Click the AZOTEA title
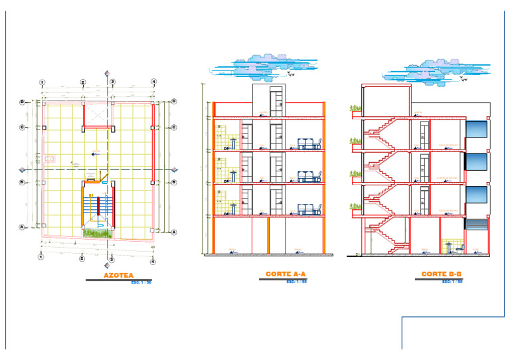118,274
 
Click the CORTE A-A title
286,274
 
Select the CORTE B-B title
442,274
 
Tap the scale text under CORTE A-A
296,281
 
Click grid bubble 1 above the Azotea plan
42,82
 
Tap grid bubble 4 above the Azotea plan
153,82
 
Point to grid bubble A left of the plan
23,226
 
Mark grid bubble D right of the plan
173,101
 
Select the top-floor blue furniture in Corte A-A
309,143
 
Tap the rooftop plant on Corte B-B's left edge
355,108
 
